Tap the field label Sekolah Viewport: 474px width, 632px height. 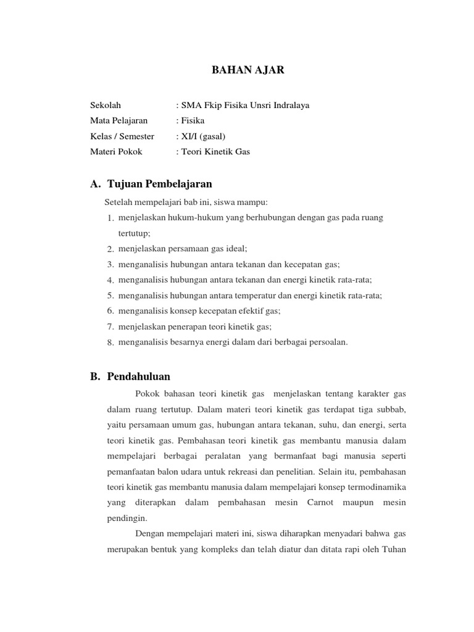point(106,105)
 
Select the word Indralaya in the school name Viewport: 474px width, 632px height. point(291,105)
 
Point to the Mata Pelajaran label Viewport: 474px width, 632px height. point(118,120)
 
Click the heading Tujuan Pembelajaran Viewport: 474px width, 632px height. point(159,184)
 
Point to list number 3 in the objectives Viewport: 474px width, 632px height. point(110,265)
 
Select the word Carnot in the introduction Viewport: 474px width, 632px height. point(320,503)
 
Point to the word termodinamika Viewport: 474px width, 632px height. point(376,487)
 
